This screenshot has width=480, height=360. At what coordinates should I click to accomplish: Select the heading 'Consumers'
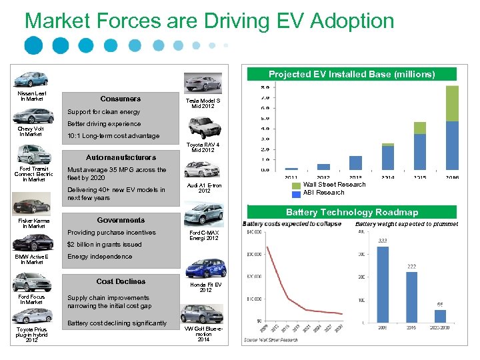click(x=121, y=99)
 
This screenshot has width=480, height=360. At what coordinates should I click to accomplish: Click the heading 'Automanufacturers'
click(x=121, y=157)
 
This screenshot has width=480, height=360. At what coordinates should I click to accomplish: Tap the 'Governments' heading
click(x=121, y=220)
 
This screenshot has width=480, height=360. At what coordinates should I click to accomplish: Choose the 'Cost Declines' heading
click(x=121, y=281)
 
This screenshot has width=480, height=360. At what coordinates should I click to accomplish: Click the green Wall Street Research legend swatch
click(x=297, y=185)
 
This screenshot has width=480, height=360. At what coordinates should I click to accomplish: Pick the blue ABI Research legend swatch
click(x=297, y=193)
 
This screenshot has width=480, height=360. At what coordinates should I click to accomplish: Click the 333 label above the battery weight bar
click(x=383, y=241)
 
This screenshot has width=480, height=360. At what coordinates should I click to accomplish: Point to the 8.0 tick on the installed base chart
click(x=264, y=87)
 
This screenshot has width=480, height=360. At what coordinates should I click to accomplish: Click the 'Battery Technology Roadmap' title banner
click(x=351, y=212)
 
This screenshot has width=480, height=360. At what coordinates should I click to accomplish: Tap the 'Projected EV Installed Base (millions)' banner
click(x=351, y=74)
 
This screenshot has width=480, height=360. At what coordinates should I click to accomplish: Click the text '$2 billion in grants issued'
click(x=104, y=245)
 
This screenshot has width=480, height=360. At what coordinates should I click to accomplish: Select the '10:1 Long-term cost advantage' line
click(x=113, y=136)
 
